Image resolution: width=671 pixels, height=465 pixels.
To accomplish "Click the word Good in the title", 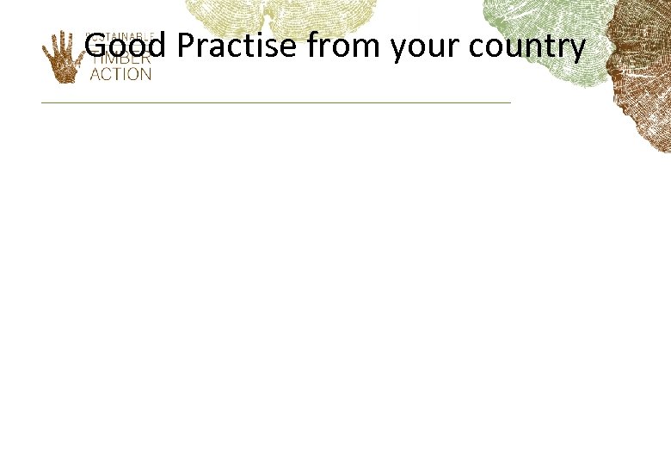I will (129, 46).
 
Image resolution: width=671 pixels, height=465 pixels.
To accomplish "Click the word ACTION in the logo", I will (120, 74).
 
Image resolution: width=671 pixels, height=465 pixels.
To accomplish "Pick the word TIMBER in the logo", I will (120, 59).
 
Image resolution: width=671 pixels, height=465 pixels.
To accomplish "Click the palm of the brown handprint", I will (63, 67).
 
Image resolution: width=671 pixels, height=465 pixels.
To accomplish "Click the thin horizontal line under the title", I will (275, 102).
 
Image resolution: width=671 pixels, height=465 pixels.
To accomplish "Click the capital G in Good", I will (95, 46).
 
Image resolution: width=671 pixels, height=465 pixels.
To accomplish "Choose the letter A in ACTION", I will (95, 74).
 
